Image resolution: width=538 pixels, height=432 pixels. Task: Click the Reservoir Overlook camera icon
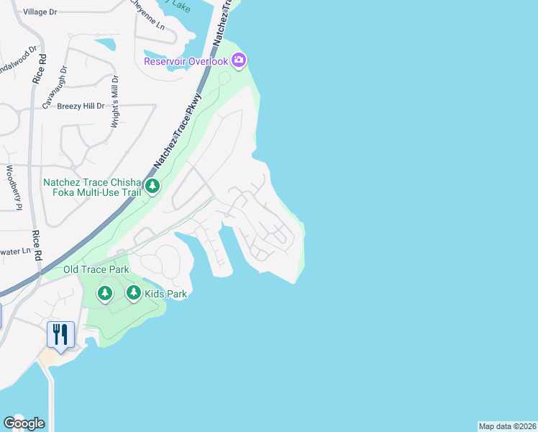(x=240, y=60)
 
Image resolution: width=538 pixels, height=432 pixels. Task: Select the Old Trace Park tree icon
(x=105, y=292)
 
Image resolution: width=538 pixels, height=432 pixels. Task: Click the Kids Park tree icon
(x=134, y=292)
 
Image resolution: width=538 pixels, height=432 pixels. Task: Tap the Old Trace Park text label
(x=96, y=270)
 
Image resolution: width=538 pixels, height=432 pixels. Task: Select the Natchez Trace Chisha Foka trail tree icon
(x=152, y=186)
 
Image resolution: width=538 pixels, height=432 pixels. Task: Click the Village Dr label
(x=40, y=12)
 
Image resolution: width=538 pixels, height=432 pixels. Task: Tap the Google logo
(x=24, y=423)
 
